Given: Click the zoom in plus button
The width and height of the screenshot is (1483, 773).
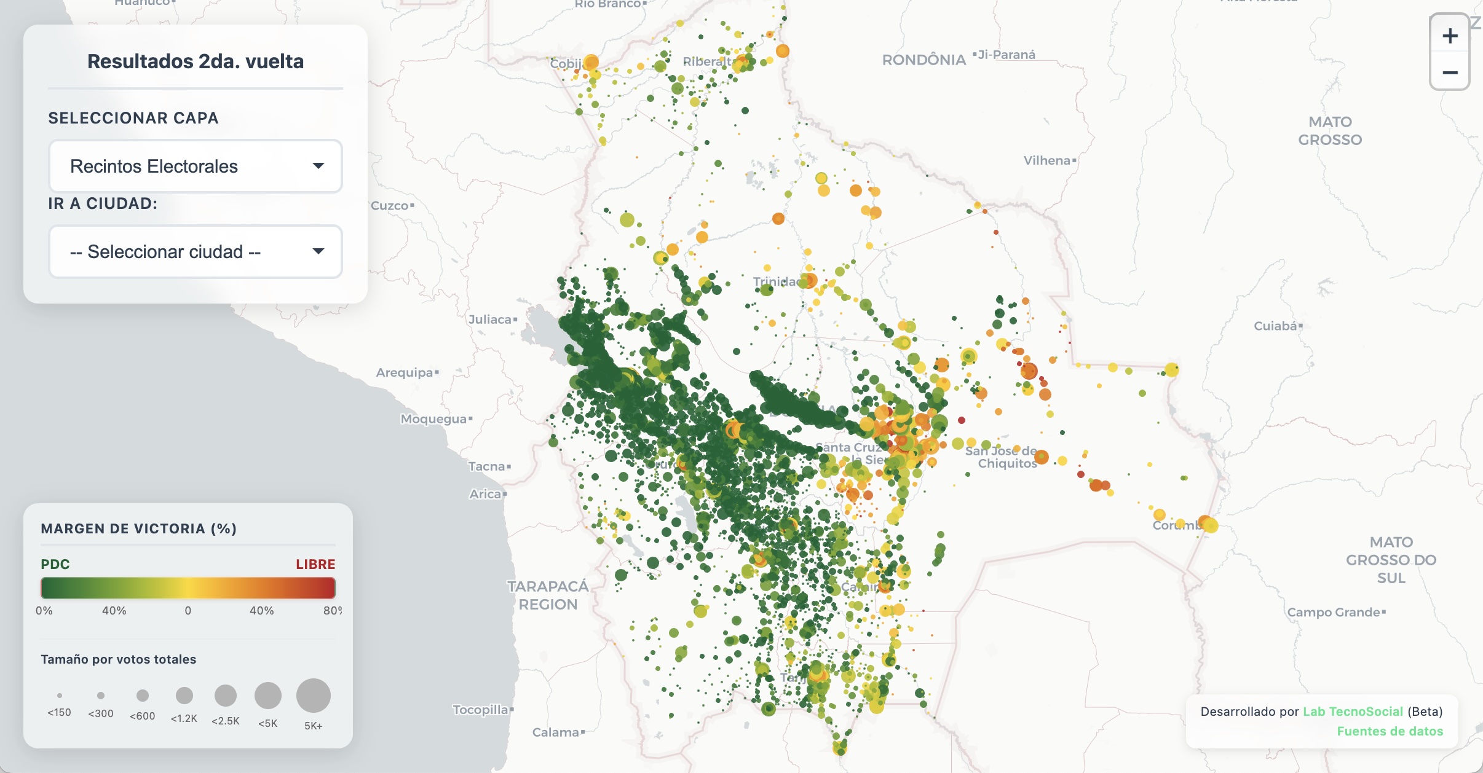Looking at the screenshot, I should point(1450,36).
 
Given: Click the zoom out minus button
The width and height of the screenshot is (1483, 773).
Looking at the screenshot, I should point(1450,73).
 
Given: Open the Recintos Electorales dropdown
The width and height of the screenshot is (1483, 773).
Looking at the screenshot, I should point(196,166).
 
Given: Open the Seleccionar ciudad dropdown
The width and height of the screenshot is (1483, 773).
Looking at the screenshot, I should point(196,251).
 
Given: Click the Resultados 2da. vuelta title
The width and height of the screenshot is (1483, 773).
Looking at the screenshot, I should point(196,61).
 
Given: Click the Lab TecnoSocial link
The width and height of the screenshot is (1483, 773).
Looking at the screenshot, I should point(1353,712).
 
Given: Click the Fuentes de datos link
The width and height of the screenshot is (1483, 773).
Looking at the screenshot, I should point(1390,731).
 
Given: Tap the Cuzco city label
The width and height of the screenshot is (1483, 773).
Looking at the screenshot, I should point(390,206).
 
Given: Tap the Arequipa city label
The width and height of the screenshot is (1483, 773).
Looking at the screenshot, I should point(405,372).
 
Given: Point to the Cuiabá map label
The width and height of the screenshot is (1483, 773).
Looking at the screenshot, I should point(1276,326).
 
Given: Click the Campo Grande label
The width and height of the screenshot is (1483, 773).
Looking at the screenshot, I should point(1333,612).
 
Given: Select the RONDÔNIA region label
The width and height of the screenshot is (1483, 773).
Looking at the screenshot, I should point(923,60).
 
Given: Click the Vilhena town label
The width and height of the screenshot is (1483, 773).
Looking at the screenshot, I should point(1047,160).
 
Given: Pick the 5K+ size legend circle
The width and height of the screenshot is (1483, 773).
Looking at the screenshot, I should point(314,696).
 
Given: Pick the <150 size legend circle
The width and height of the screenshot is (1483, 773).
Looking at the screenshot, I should point(60,696).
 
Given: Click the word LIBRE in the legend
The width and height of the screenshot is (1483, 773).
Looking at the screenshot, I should point(315,564).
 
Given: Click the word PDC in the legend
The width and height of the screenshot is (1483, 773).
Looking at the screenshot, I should point(55,564).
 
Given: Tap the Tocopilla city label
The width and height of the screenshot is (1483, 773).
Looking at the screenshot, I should point(480,710).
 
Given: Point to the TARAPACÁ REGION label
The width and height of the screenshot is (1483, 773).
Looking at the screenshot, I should point(548,595).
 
